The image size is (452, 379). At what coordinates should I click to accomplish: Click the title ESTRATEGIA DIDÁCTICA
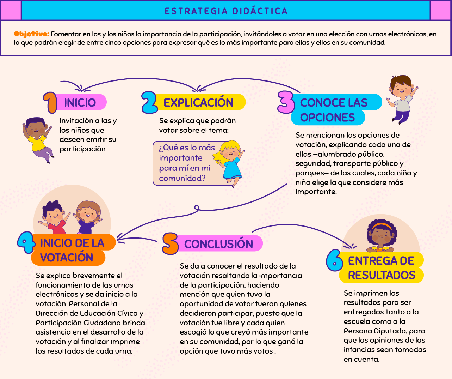coord(226,11)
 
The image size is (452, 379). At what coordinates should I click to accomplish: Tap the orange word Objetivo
coord(32,34)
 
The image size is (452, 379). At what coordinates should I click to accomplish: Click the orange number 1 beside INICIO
coord(50,103)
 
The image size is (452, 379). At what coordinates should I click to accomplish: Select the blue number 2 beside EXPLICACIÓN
coord(149,102)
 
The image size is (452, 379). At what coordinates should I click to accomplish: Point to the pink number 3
coord(286,102)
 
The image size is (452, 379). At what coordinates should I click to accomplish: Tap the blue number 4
coord(26,242)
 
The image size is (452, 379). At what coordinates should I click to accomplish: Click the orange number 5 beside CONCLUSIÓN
coord(171,244)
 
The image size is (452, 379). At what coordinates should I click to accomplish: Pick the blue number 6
coord(334,260)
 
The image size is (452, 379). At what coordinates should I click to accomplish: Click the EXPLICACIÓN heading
coord(198,103)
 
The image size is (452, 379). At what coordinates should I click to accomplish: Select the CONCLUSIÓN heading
coord(218,244)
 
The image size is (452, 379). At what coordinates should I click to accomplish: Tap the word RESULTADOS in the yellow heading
coord(382,275)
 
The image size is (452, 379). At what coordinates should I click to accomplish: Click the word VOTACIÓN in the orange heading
coord(67,257)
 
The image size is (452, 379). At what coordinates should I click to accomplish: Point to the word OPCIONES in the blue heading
coord(327,117)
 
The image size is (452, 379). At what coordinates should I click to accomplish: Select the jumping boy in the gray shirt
coord(402,100)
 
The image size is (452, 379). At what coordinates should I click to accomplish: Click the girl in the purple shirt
coord(87,217)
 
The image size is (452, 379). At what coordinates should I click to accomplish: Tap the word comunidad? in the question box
coord(182,178)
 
